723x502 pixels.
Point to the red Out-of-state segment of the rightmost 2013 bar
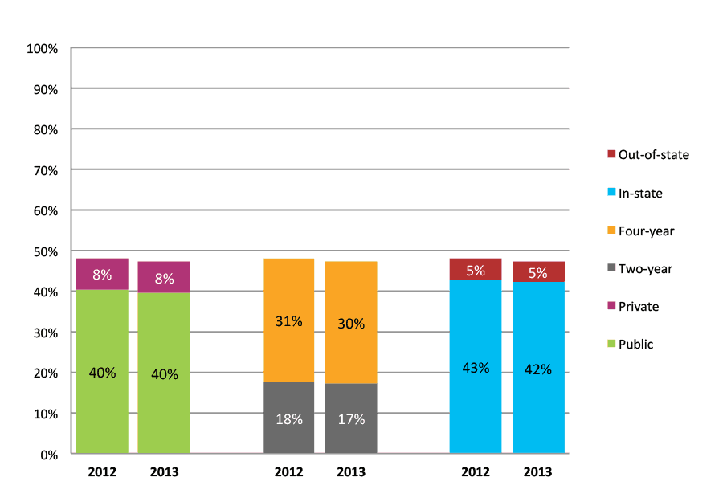tap(538, 271)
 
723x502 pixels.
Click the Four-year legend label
tap(646, 231)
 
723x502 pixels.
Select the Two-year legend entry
tap(645, 268)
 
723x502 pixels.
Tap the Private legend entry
tap(638, 306)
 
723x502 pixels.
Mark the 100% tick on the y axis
tap(43, 48)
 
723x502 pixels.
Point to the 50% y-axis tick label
tap(45, 251)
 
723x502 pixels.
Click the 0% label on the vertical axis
tap(48, 455)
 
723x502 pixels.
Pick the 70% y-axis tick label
tap(45, 170)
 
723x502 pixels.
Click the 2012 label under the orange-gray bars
tap(288, 472)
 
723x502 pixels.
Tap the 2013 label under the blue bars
tap(538, 472)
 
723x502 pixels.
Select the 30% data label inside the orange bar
tap(351, 324)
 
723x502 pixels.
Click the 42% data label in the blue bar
tap(538, 369)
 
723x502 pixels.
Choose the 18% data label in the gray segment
tap(288, 419)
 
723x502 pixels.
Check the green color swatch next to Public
tap(611, 345)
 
